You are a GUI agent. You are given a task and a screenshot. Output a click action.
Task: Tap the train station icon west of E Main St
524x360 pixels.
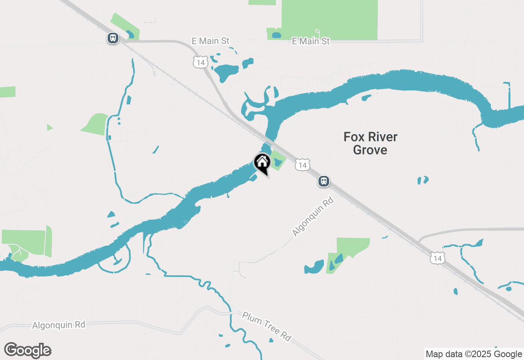pyautogui.click(x=113, y=38)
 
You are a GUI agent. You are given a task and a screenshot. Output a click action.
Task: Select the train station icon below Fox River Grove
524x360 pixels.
pyautogui.click(x=324, y=181)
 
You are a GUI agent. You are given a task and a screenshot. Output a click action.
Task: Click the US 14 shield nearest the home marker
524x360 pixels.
pyautogui.click(x=302, y=165)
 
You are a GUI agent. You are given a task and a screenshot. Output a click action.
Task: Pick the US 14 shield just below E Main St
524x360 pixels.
pyautogui.click(x=201, y=62)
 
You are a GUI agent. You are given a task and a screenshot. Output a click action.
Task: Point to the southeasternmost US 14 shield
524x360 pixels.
pyautogui.click(x=438, y=258)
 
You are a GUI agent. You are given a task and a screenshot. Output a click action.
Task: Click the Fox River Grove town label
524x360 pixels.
pyautogui.click(x=370, y=143)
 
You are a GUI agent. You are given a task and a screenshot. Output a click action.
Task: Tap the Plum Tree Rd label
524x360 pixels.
pyautogui.click(x=267, y=326)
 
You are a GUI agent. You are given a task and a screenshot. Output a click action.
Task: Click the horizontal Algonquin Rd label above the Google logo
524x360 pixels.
pyautogui.click(x=59, y=325)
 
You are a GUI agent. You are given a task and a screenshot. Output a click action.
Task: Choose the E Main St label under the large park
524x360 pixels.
pyautogui.click(x=311, y=41)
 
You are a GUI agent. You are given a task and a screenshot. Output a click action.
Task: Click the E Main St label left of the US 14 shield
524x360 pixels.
pyautogui.click(x=210, y=41)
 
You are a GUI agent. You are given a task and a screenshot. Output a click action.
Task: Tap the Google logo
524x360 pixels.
pyautogui.click(x=28, y=350)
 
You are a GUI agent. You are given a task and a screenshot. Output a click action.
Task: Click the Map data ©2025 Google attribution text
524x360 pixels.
pyautogui.click(x=474, y=354)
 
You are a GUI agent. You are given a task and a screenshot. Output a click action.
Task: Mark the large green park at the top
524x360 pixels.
pyautogui.click(x=330, y=18)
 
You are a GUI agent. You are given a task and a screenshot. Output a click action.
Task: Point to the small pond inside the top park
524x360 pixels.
pyautogui.click(x=277, y=35)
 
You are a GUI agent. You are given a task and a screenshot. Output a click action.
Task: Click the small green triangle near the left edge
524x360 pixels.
pyautogui.click(x=50, y=127)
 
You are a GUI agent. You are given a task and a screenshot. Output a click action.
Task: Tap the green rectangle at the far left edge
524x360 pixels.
pyautogui.click(x=7, y=92)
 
